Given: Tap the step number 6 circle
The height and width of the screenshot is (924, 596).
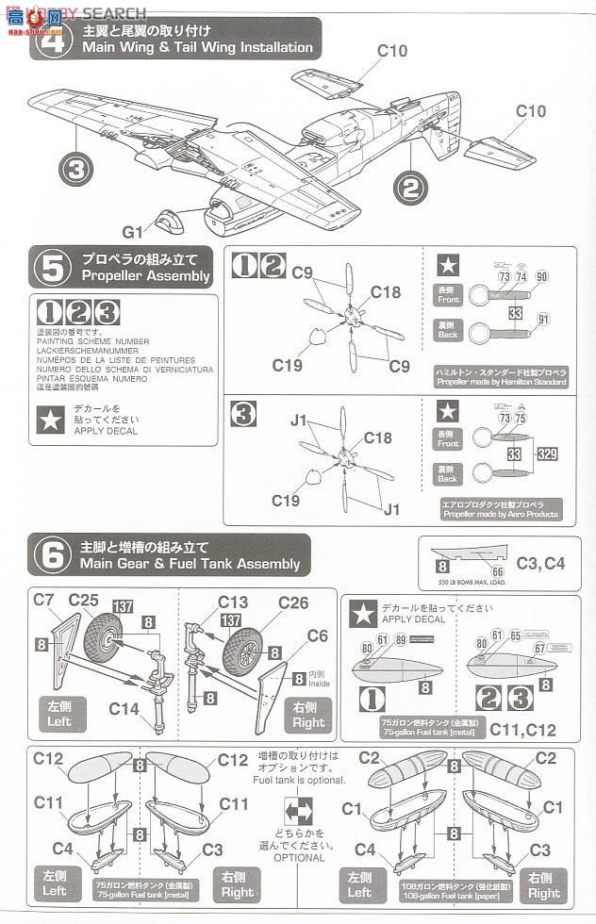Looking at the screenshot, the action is click(x=50, y=554).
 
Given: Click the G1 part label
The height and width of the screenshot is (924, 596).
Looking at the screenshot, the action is click(x=132, y=230).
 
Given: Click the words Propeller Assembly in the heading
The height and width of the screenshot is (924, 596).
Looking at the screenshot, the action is click(x=145, y=276).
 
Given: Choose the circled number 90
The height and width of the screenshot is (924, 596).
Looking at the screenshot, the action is click(x=541, y=276).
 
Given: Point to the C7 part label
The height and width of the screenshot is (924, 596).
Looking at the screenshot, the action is click(x=44, y=599).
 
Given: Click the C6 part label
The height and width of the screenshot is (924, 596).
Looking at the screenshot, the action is click(x=317, y=636).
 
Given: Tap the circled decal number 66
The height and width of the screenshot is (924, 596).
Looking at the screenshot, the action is click(x=497, y=569).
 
